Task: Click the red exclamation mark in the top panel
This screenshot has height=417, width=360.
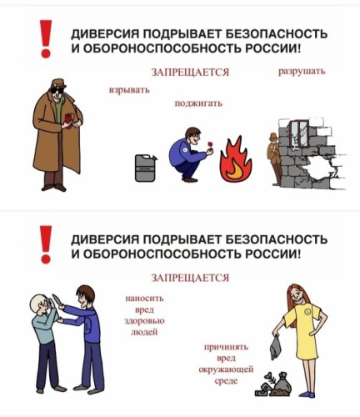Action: [x=46, y=38]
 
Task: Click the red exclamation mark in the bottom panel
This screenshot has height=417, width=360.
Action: [x=46, y=244]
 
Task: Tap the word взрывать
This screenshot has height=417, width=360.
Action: [x=129, y=90]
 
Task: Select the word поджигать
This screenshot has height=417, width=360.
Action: [x=198, y=103]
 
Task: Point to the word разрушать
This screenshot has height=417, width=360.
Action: [x=302, y=72]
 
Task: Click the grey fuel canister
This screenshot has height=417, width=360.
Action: [x=146, y=168]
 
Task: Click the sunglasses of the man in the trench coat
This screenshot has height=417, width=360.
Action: [x=58, y=92]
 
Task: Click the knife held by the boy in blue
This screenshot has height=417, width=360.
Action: [x=57, y=300]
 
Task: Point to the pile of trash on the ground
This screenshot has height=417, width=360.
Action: [x=273, y=384]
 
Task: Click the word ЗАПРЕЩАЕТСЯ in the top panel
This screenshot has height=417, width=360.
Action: [x=190, y=73]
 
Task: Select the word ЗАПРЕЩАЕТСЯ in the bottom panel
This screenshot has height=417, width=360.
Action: [x=190, y=278]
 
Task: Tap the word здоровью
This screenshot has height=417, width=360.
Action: [x=144, y=321]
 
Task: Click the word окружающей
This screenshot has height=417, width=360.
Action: [x=226, y=369]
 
